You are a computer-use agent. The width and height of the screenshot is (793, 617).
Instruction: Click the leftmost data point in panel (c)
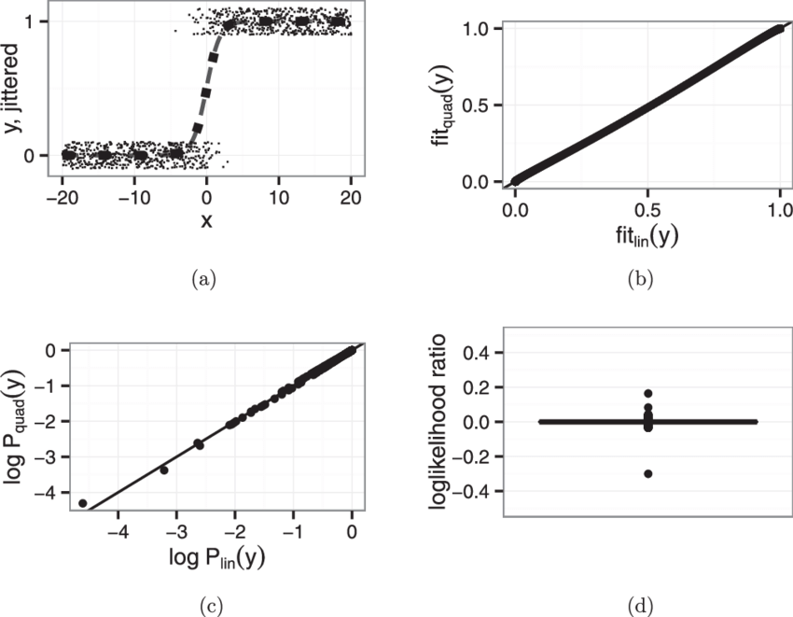click(83, 503)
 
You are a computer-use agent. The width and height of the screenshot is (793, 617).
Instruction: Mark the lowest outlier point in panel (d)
click(647, 473)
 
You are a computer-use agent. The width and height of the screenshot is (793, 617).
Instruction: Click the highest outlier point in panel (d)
click(647, 394)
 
